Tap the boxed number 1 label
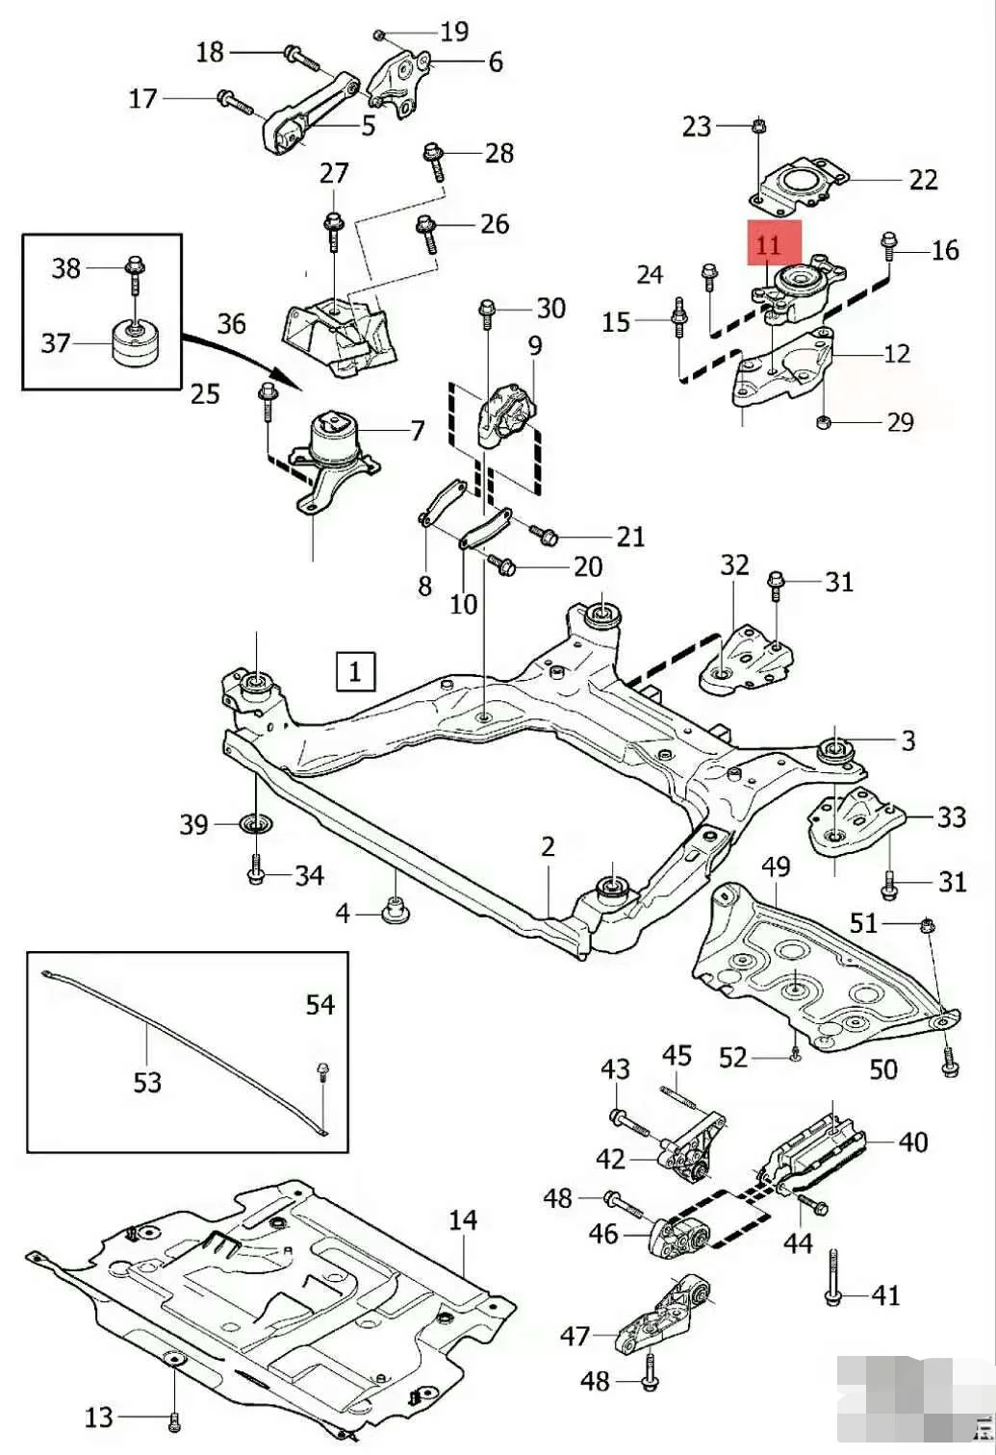[x=355, y=670]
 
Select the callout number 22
[x=922, y=180]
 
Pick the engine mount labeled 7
[x=336, y=448]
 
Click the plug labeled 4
[x=396, y=909]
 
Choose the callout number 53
[x=146, y=1083]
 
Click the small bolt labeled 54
[x=321, y=1072]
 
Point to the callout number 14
[x=462, y=1220]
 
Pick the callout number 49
[x=775, y=866]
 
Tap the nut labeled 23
[x=758, y=126]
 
